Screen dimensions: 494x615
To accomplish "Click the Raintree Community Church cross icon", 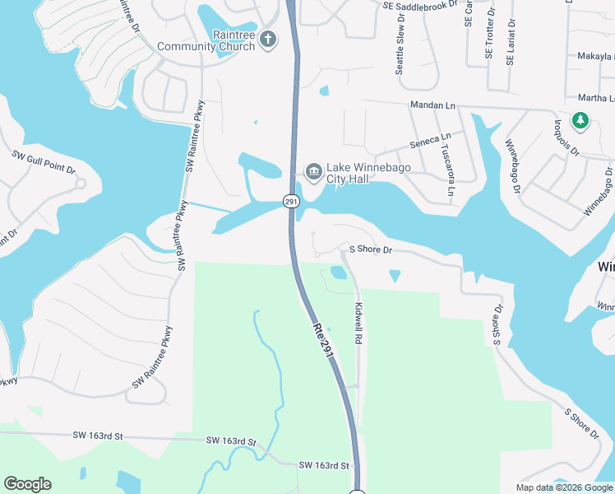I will click(x=268, y=40).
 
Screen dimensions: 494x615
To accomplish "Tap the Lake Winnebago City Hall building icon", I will click(x=313, y=171).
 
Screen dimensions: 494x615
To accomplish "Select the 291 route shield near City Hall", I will click(x=290, y=201).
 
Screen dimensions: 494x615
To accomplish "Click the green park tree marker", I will click(x=580, y=121).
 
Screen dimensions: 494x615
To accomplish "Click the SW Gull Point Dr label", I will click(x=44, y=161).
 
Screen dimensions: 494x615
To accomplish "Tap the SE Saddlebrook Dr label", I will click(x=420, y=5).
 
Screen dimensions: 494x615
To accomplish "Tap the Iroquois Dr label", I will click(x=564, y=140).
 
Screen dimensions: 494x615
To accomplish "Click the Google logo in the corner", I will click(x=27, y=484).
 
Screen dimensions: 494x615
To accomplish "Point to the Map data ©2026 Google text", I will click(x=564, y=487).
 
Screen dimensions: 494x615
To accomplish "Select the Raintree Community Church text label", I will click(x=212, y=41).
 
